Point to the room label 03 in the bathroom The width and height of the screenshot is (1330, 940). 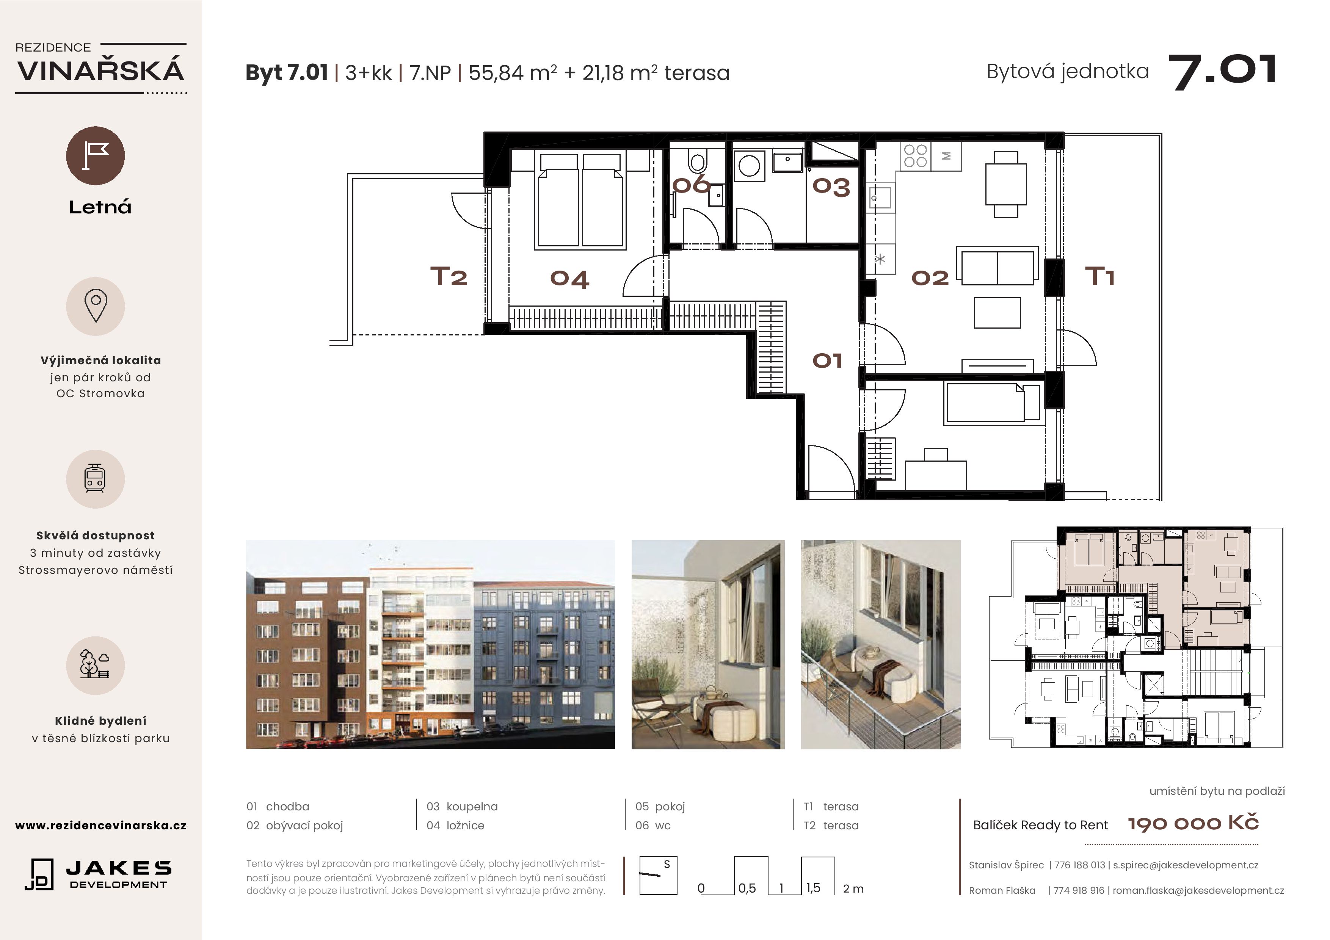click(831, 186)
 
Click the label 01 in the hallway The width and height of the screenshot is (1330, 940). click(827, 361)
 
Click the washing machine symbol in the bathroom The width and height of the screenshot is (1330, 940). click(750, 166)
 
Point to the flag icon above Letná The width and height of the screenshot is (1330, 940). click(96, 156)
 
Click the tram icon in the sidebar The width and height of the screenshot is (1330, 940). click(95, 479)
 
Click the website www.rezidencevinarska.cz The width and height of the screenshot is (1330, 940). click(101, 825)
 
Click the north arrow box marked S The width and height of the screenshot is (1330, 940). click(658, 875)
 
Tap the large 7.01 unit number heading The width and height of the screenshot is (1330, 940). click(1222, 72)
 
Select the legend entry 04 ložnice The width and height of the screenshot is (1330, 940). click(455, 825)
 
